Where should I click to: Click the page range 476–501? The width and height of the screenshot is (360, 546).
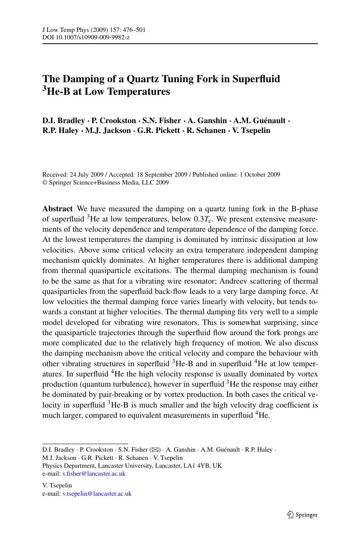[x=133, y=30]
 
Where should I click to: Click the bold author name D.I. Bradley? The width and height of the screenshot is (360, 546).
[x=63, y=121]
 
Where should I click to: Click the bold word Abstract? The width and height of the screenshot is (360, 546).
[x=57, y=209]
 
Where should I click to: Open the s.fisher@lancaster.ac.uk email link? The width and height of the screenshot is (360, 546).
[x=94, y=474]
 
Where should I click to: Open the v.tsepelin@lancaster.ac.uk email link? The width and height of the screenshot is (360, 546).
[x=97, y=493]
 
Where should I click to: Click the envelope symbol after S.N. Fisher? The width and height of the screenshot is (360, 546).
[x=155, y=450]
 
